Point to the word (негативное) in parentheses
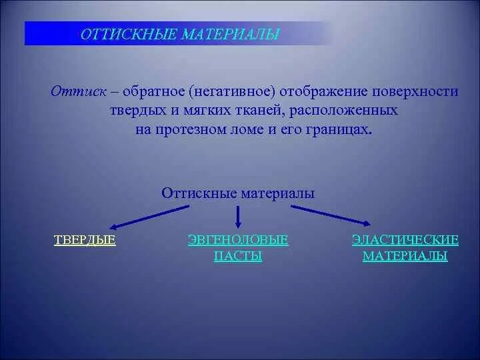pos(231,91)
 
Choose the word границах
pos(340,129)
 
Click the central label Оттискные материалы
pos(238,193)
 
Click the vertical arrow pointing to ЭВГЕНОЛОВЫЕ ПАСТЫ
pos(239,217)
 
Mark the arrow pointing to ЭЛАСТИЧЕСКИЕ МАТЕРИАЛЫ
pos(329,216)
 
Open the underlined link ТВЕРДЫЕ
pos(85,241)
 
